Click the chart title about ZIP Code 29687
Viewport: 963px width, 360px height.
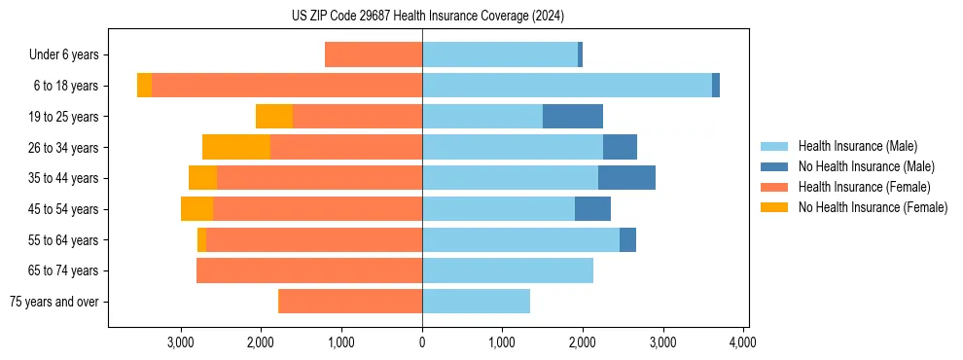[427, 16]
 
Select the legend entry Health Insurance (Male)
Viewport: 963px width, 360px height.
[857, 146]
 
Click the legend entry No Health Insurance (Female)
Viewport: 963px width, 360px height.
[873, 207]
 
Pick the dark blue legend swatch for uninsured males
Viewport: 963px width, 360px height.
[775, 166]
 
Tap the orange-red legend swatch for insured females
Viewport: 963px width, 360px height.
[775, 187]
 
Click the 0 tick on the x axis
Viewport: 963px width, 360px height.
[422, 342]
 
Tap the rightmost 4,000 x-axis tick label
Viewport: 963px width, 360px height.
[743, 342]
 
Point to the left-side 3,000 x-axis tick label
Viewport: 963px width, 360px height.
[181, 342]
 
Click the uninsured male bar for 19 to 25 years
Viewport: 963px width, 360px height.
[572, 117]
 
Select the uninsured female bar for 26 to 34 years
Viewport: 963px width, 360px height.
[236, 147]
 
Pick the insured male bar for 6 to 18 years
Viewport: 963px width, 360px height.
[566, 86]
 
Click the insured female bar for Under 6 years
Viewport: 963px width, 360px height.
[374, 55]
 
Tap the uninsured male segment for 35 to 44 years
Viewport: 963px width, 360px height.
[626, 178]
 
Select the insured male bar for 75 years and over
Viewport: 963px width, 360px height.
[476, 302]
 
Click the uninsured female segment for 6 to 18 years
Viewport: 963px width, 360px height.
[144, 86]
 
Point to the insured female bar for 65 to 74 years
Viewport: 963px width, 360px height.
[309, 270]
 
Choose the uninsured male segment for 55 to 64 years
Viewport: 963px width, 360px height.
[627, 239]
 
